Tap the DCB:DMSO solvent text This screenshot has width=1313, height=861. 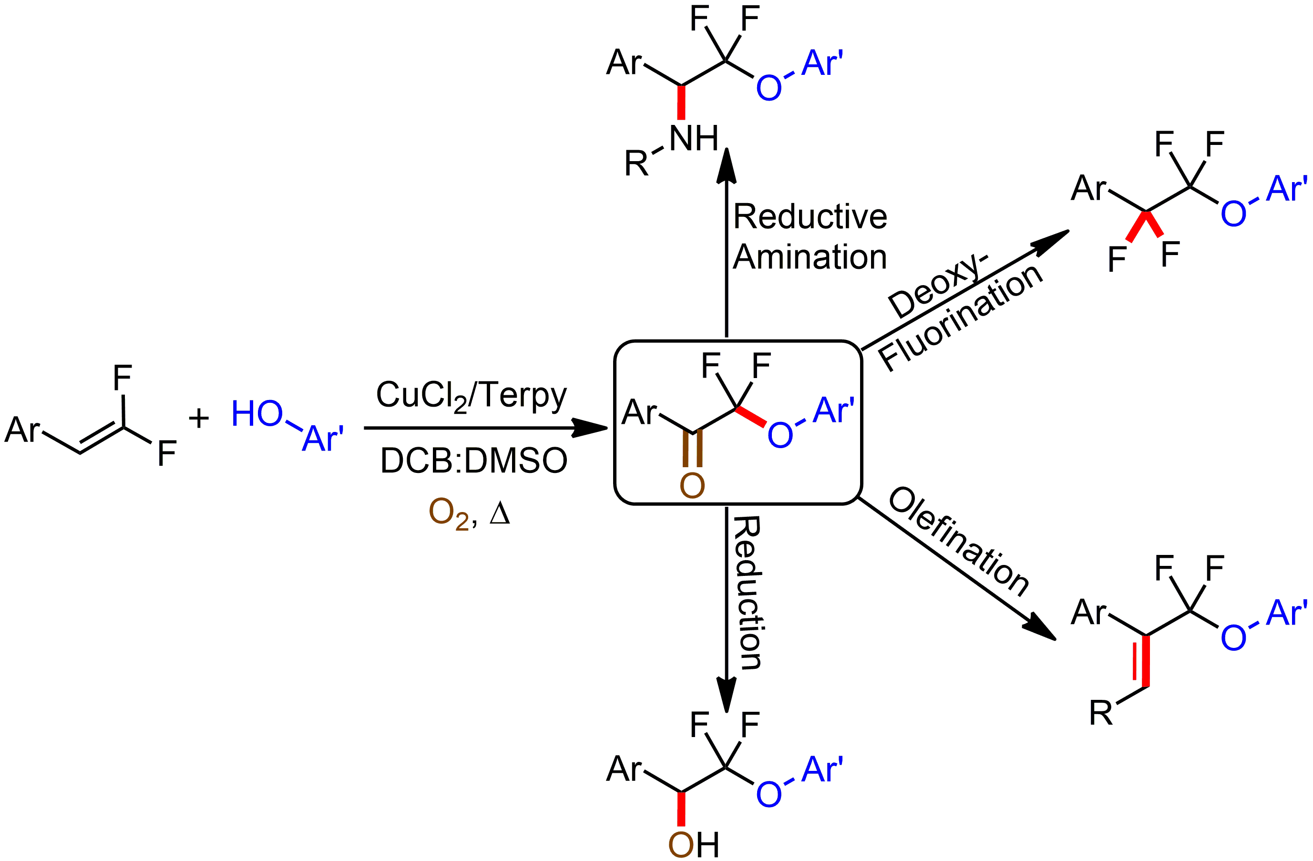tap(473, 461)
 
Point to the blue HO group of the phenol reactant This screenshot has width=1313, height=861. tap(256, 414)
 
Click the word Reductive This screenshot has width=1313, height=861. tap(810, 216)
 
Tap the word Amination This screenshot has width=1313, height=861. tap(810, 257)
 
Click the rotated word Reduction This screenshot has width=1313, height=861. tap(749, 593)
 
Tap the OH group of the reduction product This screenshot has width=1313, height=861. tap(694, 844)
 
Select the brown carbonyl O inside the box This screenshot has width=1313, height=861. tap(692, 485)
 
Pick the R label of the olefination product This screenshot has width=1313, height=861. tap(1100, 713)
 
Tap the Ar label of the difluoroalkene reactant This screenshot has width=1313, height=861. tap(22, 430)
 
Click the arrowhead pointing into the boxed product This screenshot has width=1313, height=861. tap(590, 428)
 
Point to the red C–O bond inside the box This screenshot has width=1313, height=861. tap(751, 417)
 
